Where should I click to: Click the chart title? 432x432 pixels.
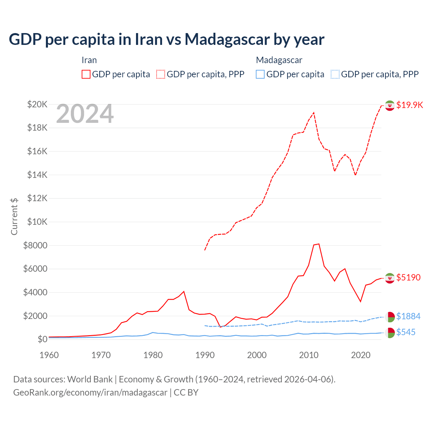166,39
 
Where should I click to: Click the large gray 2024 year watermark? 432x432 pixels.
85,114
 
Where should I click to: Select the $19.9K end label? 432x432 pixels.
409,105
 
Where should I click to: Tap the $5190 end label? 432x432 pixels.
408,277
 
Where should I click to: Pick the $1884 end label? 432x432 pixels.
408,316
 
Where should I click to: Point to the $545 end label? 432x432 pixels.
406,332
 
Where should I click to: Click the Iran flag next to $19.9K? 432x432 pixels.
390,105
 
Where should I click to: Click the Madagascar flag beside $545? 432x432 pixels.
390,332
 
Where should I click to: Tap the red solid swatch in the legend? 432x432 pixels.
86,74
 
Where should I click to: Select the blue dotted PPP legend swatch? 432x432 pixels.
335,74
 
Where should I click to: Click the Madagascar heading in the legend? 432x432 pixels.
279,60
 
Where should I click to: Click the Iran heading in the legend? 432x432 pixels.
89,60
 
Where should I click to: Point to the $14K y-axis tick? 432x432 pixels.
37,175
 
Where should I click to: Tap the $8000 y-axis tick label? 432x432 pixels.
35,245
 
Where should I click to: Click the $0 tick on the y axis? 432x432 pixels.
42,339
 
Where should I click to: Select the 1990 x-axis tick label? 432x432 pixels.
205,355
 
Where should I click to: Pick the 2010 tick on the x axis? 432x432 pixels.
309,355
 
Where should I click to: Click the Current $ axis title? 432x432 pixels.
14,216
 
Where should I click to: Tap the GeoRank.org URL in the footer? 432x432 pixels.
90,393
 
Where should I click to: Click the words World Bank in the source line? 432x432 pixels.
90,379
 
